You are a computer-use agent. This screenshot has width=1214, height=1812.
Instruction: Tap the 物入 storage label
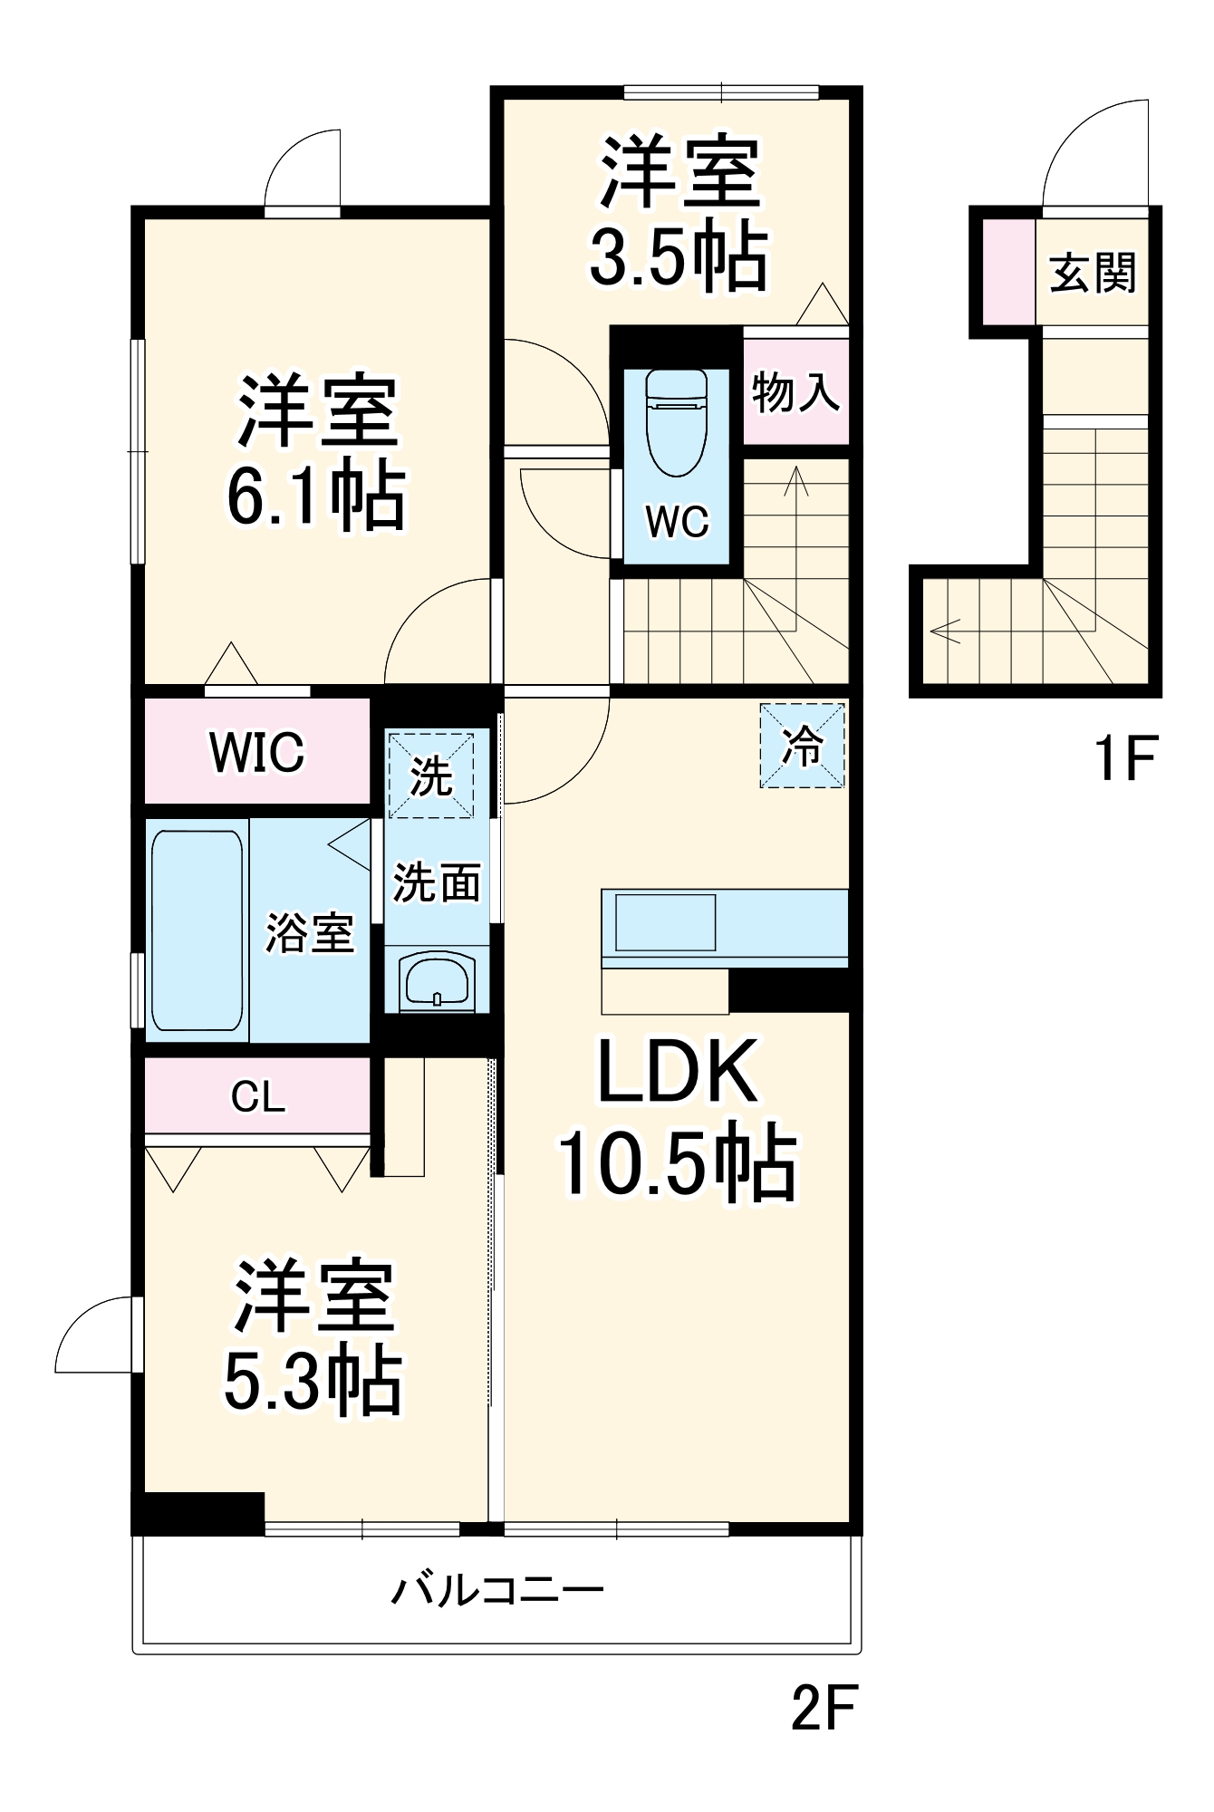pyautogui.click(x=795, y=392)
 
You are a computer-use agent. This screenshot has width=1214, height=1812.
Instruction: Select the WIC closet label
pyautogui.click(x=257, y=752)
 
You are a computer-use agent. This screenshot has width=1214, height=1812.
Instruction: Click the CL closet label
pyautogui.click(x=257, y=1097)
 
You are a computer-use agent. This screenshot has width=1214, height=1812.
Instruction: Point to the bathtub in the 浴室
pyautogui.click(x=197, y=930)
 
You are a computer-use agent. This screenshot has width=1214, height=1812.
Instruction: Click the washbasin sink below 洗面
pyautogui.click(x=437, y=980)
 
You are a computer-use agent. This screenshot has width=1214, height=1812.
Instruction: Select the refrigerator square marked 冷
pyautogui.click(x=802, y=746)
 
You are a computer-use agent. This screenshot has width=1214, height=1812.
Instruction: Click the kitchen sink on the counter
pyautogui.click(x=666, y=922)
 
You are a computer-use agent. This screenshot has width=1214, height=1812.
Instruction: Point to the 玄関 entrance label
pyautogui.click(x=1093, y=273)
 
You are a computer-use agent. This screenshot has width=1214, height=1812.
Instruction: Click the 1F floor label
pyautogui.click(x=1125, y=758)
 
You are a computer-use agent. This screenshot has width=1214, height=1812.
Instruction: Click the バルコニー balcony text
pyautogui.click(x=497, y=1590)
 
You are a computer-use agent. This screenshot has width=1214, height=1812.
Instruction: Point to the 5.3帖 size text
pyautogui.click(x=312, y=1383)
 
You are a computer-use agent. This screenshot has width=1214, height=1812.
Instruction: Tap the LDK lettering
pyautogui.click(x=677, y=1073)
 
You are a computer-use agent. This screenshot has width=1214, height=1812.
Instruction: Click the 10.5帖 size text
pyautogui.click(x=677, y=1164)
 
